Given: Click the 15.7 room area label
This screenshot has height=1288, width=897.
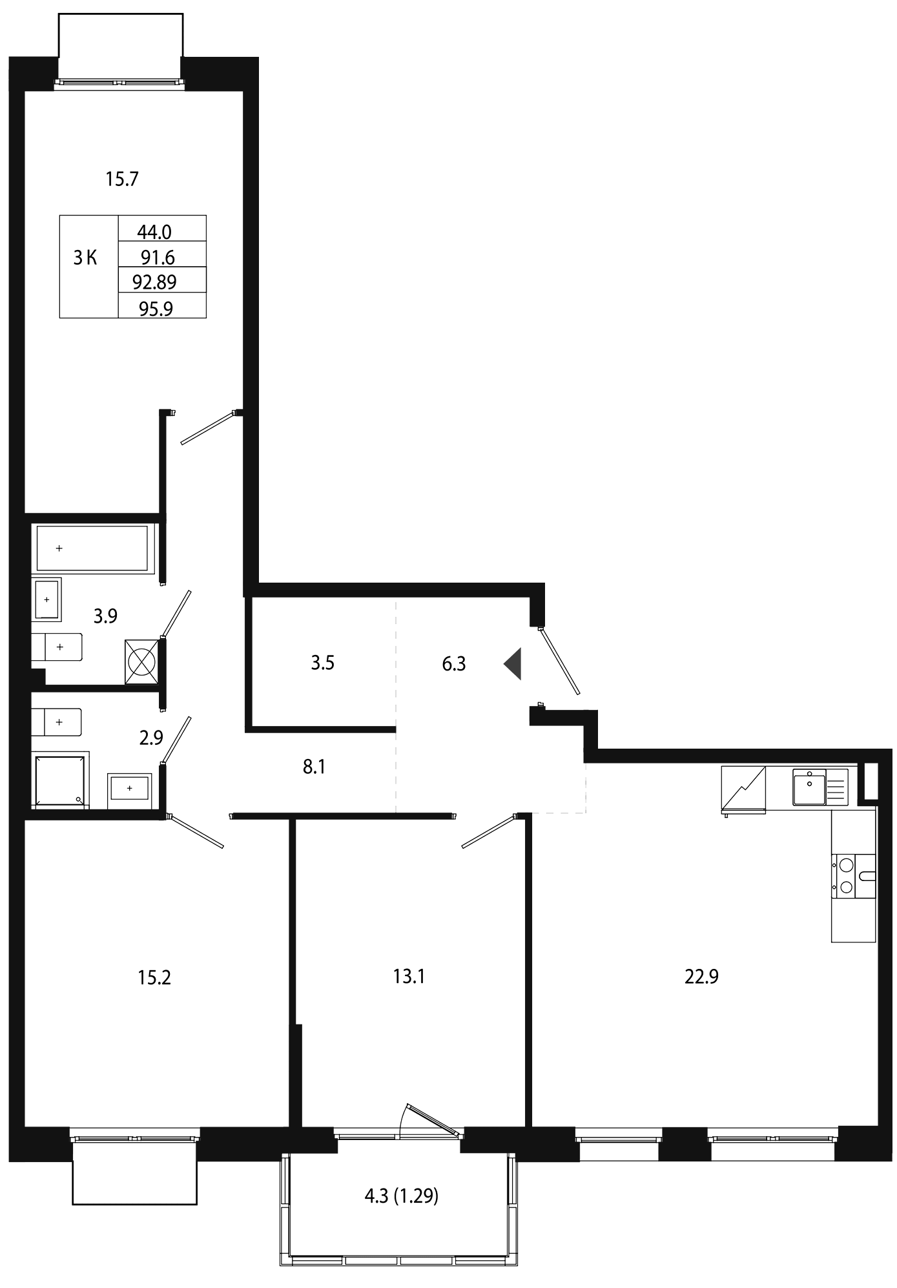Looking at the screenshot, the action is tap(122, 179).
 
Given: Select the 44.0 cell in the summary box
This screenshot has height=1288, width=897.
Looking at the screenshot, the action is tap(154, 231).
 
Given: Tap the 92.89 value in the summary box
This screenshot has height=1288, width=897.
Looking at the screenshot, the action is tap(154, 282).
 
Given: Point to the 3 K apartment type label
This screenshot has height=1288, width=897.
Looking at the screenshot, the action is tap(85, 258).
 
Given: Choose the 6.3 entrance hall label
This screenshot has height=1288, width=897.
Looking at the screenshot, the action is tap(454, 664).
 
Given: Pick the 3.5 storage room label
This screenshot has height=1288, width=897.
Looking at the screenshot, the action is tap(322, 663).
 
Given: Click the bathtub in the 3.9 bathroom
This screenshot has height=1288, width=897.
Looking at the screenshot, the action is tap(93, 548).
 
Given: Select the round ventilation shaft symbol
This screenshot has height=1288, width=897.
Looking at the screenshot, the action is tap(141, 661).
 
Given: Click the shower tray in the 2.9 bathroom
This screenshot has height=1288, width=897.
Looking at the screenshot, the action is tap(61, 780).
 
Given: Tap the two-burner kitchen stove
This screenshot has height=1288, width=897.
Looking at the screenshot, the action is tap(853, 877).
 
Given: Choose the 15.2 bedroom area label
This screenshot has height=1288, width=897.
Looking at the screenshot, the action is tap(154, 977).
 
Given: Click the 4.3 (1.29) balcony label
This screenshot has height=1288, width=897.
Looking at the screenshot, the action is tap(401, 1196).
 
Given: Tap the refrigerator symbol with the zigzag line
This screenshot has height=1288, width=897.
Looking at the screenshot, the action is tap(743, 787).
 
